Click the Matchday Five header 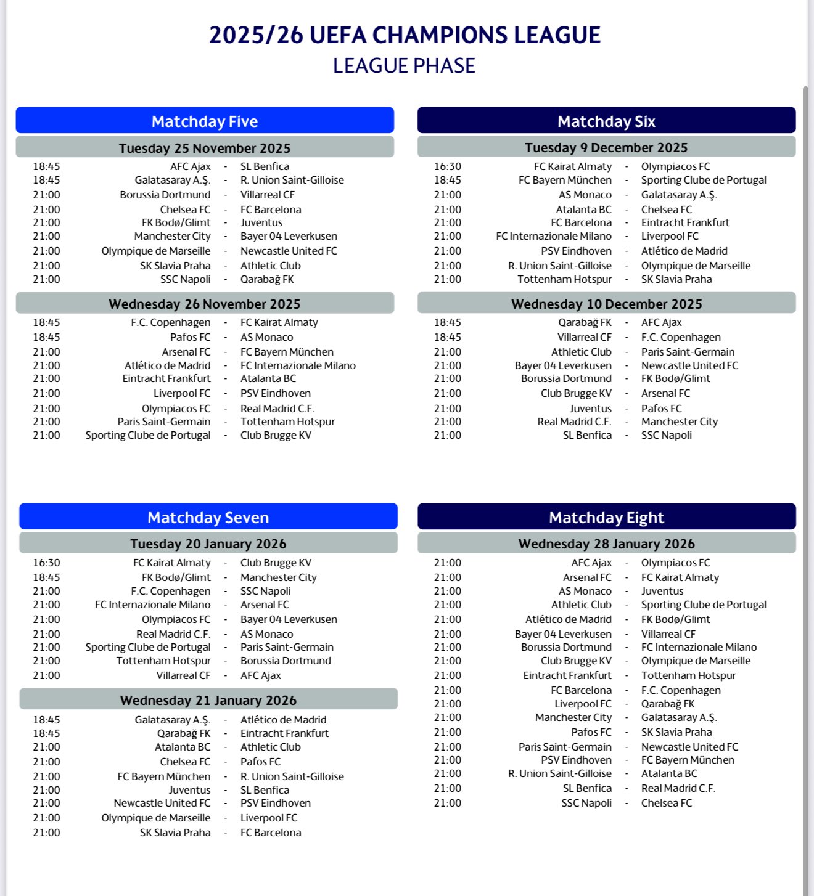click(x=205, y=121)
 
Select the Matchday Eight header click(x=606, y=518)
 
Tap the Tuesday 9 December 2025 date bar click(x=606, y=148)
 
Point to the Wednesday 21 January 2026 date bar click(x=208, y=701)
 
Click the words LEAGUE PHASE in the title click(x=404, y=66)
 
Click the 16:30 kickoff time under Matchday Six click(x=447, y=166)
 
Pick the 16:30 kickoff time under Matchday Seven click(x=47, y=563)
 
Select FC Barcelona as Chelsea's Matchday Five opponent click(x=271, y=210)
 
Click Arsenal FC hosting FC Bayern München click(x=186, y=352)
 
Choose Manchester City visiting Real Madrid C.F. click(x=679, y=422)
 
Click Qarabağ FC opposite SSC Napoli click(x=267, y=279)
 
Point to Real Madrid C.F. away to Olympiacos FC click(x=277, y=409)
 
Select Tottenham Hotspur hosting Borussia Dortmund click(x=163, y=661)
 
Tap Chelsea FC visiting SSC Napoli click(x=666, y=803)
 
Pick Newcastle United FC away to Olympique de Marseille click(x=289, y=251)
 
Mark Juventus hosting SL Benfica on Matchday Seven click(x=189, y=790)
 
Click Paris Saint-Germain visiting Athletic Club click(x=688, y=352)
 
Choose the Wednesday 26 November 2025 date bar click(x=205, y=304)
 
